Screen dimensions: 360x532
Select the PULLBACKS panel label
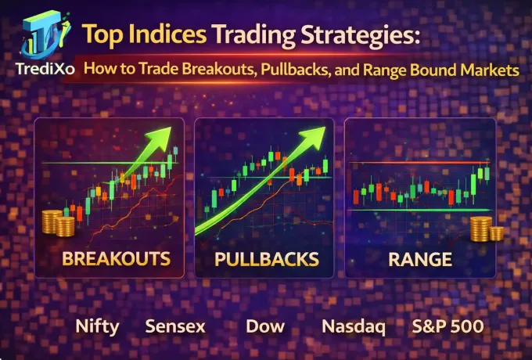pyautogui.click(x=267, y=258)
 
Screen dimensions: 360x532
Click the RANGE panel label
pyautogui.click(x=420, y=258)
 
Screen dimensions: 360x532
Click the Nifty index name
pyautogui.click(x=97, y=326)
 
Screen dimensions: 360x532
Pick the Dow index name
pyautogui.click(x=261, y=326)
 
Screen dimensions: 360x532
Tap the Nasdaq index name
pyautogui.click(x=353, y=326)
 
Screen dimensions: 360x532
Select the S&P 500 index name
pyautogui.click(x=448, y=326)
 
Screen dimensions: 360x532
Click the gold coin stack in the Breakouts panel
pyautogui.click(x=58, y=224)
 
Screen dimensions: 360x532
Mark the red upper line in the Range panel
pyautogui.click(x=420, y=163)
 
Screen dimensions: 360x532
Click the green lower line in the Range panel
pyautogui.click(x=420, y=210)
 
